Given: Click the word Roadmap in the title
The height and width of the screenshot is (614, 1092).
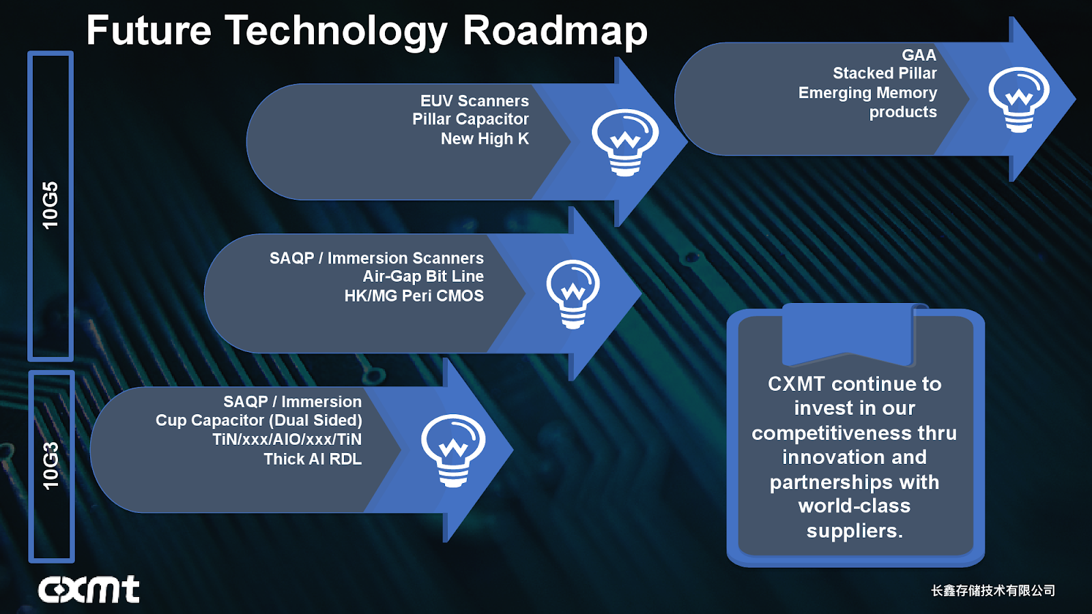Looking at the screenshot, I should tap(555, 31).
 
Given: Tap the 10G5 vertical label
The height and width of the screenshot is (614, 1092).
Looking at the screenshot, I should tap(51, 205).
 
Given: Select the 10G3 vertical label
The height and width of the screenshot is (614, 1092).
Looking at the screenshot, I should tap(51, 466).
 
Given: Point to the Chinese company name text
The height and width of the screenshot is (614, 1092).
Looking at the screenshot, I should tap(993, 591).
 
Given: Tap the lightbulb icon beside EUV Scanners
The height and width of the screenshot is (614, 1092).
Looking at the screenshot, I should tap(624, 142).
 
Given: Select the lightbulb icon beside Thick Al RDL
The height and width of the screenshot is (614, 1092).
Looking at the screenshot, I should tap(453, 450).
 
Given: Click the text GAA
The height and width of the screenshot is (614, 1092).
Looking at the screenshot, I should tap(919, 55).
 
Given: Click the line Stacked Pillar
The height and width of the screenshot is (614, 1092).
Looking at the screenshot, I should tap(885, 74).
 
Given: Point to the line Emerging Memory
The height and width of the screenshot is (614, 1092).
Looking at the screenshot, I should tap(867, 93).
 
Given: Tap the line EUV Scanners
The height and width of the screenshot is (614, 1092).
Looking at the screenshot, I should tap(474, 101).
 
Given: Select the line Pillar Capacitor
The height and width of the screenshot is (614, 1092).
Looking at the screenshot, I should tap(470, 119).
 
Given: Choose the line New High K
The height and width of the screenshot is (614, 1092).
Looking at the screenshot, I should tap(485, 139).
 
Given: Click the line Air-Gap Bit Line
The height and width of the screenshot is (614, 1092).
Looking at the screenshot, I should tap(423, 276).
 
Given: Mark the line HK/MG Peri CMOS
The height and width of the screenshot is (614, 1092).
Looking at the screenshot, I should tap(414, 296).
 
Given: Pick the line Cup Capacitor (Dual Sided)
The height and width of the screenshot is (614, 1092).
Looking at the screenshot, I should tap(259, 420).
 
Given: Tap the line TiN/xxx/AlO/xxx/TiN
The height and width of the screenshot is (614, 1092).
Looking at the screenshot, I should tap(287, 439).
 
